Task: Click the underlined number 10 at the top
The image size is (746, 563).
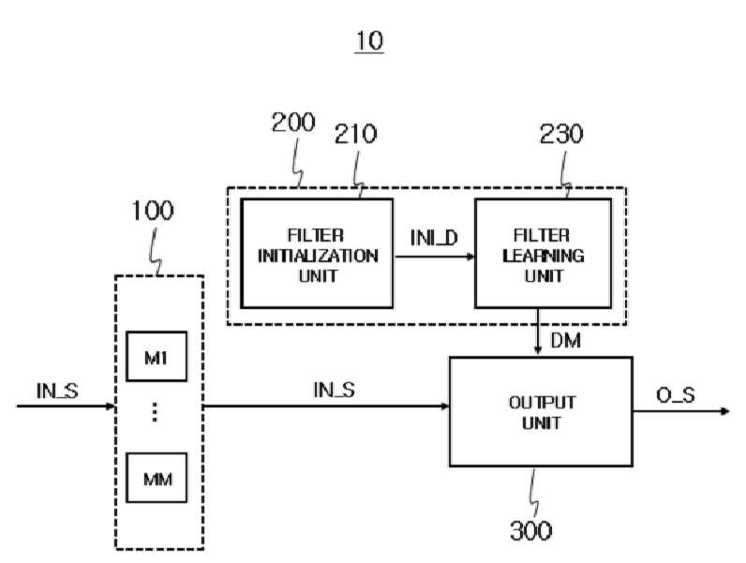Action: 369,41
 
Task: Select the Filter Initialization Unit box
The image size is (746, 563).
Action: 317,254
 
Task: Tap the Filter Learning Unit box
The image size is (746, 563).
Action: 544,254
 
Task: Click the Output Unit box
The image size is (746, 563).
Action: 541,411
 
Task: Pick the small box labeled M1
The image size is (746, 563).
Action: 157,356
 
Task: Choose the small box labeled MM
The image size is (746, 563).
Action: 157,478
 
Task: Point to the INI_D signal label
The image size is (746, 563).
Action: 434,238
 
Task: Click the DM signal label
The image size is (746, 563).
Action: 566,340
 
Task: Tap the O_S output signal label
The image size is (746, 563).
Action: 676,395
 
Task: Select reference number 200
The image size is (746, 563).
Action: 293,123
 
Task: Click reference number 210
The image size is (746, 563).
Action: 355,134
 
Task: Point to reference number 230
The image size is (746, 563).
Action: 561,134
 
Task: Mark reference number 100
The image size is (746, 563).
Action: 153,211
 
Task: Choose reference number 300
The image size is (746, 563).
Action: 531,530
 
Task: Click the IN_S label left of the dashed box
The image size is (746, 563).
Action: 57,391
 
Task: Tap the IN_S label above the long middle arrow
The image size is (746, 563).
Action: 334,390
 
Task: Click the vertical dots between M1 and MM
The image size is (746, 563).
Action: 155,412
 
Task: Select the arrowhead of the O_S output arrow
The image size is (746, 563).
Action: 725,411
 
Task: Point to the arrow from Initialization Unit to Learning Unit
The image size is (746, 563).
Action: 434,257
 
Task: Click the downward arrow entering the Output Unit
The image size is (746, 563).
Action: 538,332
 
